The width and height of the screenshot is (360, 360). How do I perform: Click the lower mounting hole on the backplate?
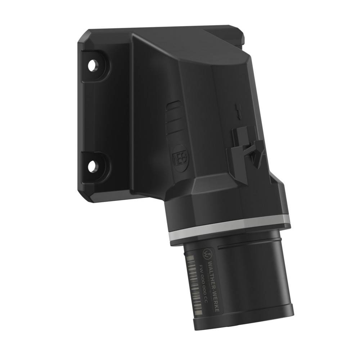[x=93, y=166]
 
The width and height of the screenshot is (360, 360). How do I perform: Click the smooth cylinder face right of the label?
[x=259, y=281]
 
